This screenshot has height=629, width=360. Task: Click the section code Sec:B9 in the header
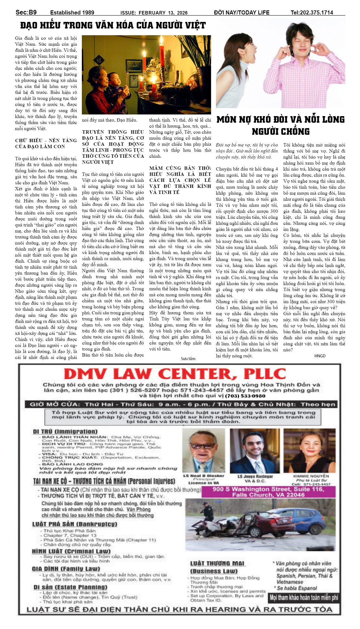[x=26, y=12]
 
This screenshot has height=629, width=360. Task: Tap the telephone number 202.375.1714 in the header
[x=312, y=13]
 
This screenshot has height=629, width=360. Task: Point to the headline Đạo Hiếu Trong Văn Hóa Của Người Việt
[x=113, y=25]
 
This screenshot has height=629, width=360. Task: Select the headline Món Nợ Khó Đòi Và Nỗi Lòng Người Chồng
[x=280, y=125]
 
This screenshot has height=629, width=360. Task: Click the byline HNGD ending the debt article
[x=320, y=356]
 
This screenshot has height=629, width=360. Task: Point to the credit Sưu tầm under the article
[x=188, y=359]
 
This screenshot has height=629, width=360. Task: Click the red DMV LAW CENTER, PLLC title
[x=175, y=374]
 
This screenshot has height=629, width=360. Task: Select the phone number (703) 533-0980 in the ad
[x=245, y=396]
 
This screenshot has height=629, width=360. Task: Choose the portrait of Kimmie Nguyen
[x=309, y=451]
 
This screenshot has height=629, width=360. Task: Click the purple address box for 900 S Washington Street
[x=268, y=492]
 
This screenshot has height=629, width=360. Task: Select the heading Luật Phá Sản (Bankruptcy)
[x=75, y=524]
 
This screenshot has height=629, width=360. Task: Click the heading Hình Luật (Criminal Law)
[x=71, y=551]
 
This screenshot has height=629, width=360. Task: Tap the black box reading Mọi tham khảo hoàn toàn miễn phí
[x=304, y=598]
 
